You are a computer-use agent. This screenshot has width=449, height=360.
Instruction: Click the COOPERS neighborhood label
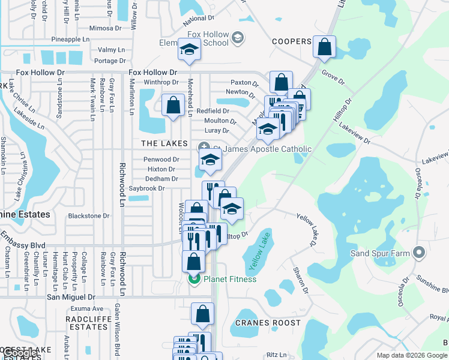(x=292, y=41)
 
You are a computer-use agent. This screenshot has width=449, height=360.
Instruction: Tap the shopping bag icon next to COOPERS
(x=324, y=48)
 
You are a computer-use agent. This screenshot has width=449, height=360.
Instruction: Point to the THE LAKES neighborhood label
(x=164, y=144)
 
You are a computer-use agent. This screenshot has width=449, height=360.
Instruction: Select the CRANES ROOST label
(x=268, y=323)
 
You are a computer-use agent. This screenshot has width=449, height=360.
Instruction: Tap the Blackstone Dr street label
(x=89, y=216)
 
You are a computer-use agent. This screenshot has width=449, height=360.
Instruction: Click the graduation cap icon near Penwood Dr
(x=210, y=160)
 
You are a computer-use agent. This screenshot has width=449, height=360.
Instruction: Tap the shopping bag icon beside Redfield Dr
(x=173, y=106)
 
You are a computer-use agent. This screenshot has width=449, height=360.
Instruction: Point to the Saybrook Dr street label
(x=146, y=188)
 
